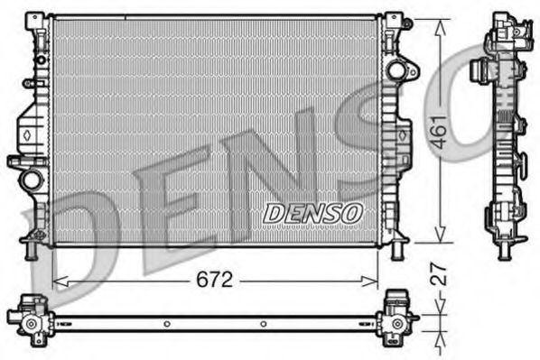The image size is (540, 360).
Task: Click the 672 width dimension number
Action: (215, 281)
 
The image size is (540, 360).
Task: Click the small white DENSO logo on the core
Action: (312, 212)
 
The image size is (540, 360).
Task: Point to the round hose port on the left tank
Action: (32, 178)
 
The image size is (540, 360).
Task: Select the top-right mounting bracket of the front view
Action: (394, 22)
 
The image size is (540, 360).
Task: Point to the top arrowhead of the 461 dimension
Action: (440, 23)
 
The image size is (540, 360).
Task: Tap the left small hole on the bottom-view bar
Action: (166, 322)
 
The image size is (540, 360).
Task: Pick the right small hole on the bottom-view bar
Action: (264, 322)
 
